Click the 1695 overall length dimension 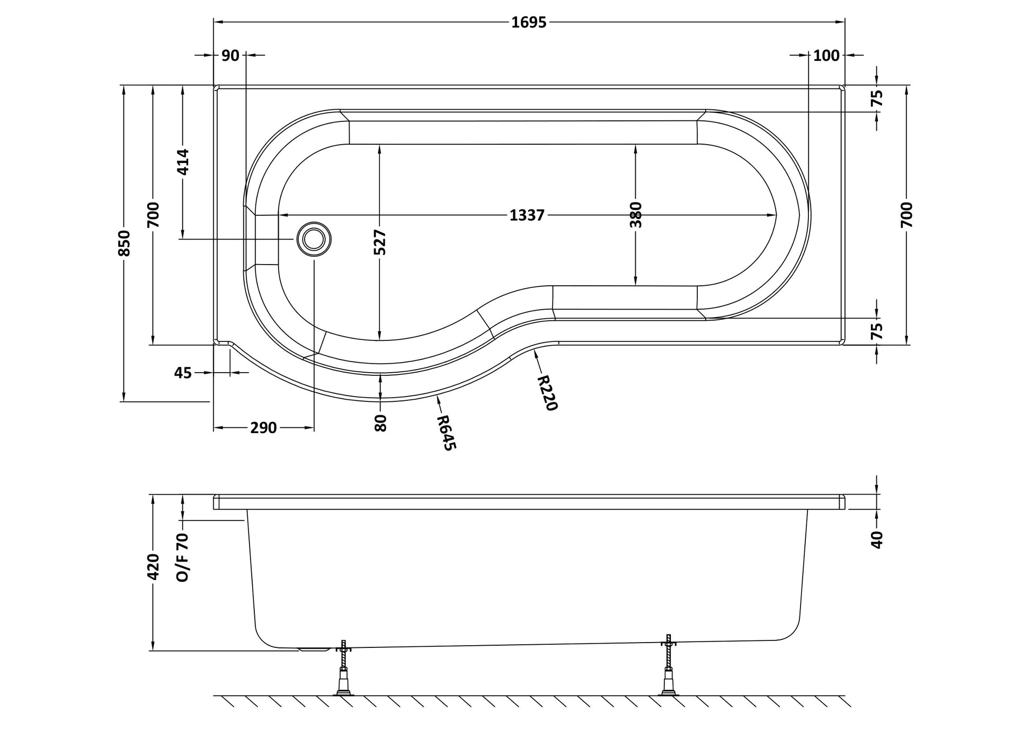click(529, 22)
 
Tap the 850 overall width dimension click(123, 243)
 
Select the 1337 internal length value click(527, 215)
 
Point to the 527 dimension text click(380, 243)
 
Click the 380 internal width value click(636, 215)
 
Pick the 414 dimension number click(182, 162)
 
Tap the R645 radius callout click(446, 433)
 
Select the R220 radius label click(547, 393)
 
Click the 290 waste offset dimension click(263, 428)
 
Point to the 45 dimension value click(183, 373)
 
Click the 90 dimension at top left click(230, 55)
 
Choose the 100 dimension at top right click(826, 55)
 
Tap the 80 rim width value click(380, 423)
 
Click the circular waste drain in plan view click(314, 239)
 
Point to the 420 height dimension click(153, 567)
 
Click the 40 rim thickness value click(877, 540)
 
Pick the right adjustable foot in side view click(669, 665)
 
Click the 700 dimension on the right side click(906, 215)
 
